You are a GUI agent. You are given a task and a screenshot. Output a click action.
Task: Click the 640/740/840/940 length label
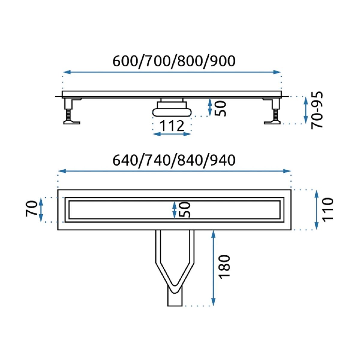coord(174,160)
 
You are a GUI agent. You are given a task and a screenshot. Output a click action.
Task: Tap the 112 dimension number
coord(172,126)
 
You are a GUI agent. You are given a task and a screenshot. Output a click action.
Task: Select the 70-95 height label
coord(317,110)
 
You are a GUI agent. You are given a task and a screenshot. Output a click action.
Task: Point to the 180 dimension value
coord(224,267)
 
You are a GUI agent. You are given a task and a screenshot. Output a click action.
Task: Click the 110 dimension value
coord(328,210)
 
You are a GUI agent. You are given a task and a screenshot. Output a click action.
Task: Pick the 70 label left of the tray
coord(31,209)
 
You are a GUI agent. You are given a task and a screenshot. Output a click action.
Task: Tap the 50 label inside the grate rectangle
coord(184,209)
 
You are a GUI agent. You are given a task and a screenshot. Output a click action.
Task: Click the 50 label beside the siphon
coord(220,109)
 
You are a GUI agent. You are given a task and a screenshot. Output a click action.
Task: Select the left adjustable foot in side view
coord(72,111)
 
